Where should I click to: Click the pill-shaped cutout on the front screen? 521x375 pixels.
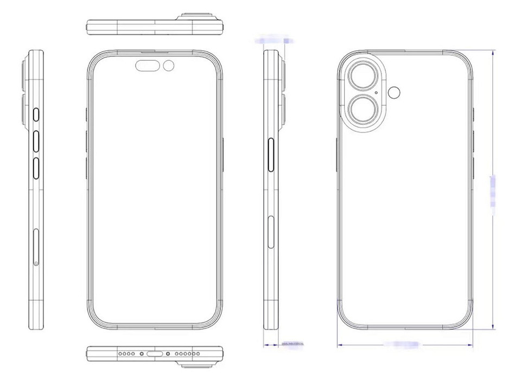[x=147, y=66]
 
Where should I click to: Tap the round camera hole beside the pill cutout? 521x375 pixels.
[x=169, y=66]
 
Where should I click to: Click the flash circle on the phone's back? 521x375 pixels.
[x=395, y=93]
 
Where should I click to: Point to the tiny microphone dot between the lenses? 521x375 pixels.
[x=377, y=93]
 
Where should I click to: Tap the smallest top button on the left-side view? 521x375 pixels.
[x=36, y=114]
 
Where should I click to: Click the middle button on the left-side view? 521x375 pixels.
[x=36, y=141]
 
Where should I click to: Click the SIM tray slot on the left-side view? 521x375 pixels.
[x=36, y=247]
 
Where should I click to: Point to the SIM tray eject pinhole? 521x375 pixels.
[x=36, y=263]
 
